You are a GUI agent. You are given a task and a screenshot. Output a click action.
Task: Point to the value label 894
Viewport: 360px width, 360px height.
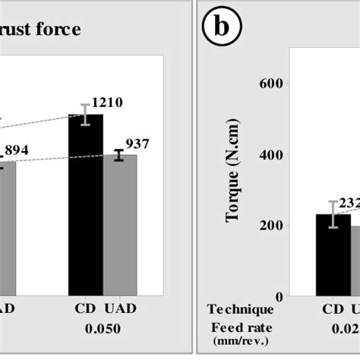pos(17,150)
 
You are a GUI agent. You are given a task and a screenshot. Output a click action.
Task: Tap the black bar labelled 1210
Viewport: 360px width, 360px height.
pos(86,205)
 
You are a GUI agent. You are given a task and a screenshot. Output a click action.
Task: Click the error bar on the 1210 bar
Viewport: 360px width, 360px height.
pos(86,115)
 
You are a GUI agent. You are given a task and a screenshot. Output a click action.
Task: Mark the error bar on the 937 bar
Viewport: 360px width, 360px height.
pos(119,155)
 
